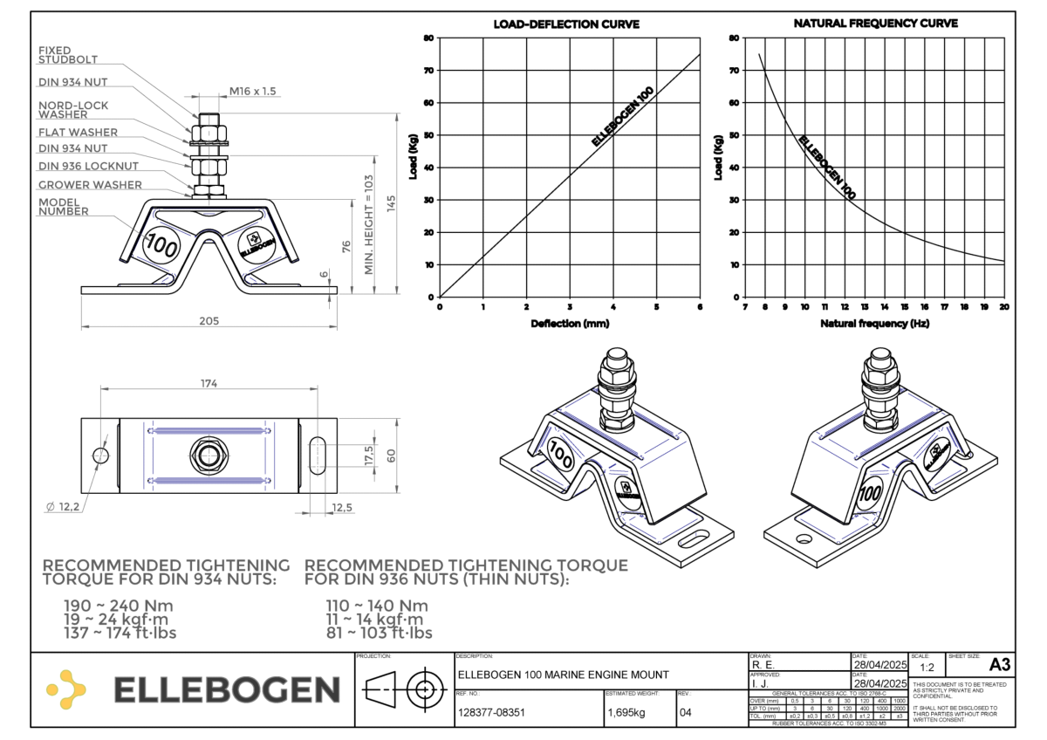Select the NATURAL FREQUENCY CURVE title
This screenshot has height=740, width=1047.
click(875, 24)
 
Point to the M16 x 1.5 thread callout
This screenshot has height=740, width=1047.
click(252, 91)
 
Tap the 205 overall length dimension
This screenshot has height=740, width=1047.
click(208, 321)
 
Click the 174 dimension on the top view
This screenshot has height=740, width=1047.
click(209, 383)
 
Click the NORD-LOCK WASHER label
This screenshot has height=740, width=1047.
click(75, 109)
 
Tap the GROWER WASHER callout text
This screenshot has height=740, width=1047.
click(90, 185)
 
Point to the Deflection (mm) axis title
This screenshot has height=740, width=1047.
click(569, 324)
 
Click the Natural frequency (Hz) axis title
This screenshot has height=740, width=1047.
click(874, 324)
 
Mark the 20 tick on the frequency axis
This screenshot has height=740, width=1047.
click(1004, 306)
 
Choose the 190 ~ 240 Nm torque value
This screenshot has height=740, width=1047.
click(119, 606)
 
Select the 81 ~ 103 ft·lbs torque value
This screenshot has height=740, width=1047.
click(379, 634)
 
